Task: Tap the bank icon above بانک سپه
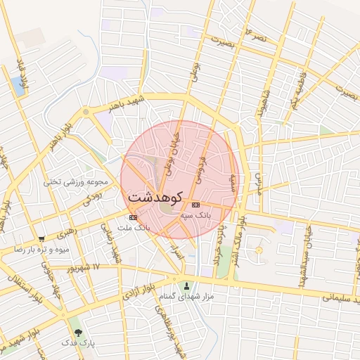pyautogui.click(x=195, y=205)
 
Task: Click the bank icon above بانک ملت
pyautogui.click(x=134, y=218)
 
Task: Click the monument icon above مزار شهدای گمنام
pyautogui.click(x=186, y=285)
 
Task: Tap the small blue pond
pyautogui.click(x=18, y=86)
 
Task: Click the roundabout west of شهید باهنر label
pyautogui.click(x=86, y=111)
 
